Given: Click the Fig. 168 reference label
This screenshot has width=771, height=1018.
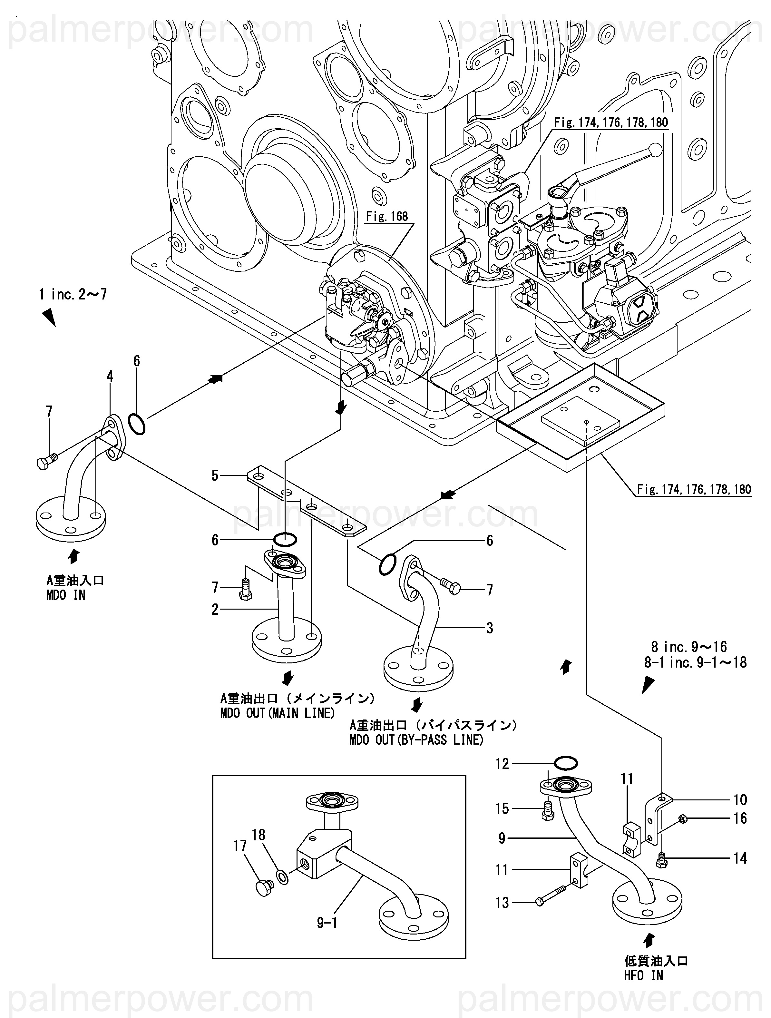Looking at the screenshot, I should (387, 216).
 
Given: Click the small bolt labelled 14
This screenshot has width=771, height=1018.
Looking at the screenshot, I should (661, 859).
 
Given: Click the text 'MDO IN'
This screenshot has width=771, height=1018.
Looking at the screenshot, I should (66, 595).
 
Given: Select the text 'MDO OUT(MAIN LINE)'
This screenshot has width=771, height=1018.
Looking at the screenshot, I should (277, 713).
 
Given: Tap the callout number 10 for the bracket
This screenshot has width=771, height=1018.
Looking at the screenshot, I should (740, 799).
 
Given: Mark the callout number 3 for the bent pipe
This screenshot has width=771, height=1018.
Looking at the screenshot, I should (489, 628).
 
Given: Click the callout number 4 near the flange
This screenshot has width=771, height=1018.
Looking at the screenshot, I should (110, 377).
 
